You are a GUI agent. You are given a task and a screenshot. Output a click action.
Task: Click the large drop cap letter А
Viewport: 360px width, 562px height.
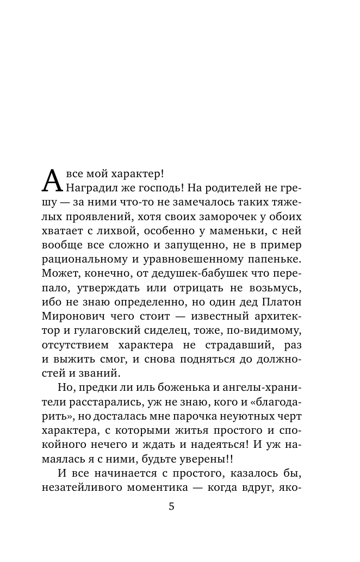[52, 181]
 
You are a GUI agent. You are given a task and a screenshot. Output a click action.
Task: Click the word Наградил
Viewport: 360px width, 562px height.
[91, 188]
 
